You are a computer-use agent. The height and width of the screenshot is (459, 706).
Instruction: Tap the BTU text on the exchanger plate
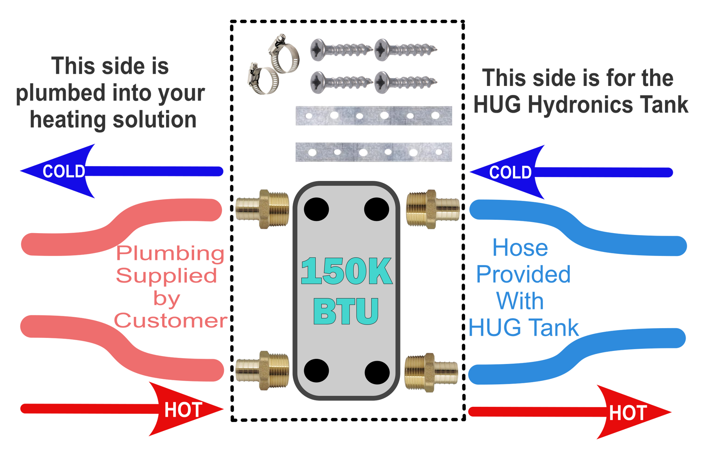[x=346, y=311]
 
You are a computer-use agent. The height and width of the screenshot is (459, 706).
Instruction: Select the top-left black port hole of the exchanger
[x=316, y=209]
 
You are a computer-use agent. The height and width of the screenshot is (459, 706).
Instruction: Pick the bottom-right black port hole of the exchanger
[x=377, y=372]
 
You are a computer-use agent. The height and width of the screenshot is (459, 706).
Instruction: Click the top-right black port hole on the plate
[x=377, y=209]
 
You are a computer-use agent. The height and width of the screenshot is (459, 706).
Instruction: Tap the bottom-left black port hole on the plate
[x=316, y=371]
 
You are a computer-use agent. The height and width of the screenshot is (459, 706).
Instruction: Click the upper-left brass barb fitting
[x=262, y=209]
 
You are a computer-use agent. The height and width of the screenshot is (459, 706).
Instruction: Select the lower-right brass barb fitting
[x=431, y=372]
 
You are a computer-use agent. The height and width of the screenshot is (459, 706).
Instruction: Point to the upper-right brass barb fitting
[x=432, y=209]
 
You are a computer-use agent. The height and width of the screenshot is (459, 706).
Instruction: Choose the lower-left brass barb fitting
[x=262, y=370]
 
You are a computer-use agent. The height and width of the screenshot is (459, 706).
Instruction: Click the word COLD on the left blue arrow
[x=64, y=171]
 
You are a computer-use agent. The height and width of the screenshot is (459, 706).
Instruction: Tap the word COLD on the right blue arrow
[x=510, y=172]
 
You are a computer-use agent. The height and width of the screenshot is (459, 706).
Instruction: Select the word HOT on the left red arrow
[x=183, y=410]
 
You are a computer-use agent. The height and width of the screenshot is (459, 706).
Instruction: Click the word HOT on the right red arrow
[x=628, y=413]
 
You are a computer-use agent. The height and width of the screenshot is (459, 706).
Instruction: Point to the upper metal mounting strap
[x=374, y=116]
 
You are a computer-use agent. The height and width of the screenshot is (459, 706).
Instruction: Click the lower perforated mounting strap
[x=374, y=152]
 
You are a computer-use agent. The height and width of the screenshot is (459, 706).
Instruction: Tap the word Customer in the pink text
[x=171, y=321]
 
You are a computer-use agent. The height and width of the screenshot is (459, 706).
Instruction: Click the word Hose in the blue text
[x=520, y=248]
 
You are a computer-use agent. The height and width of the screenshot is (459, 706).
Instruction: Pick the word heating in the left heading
[x=68, y=120]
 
